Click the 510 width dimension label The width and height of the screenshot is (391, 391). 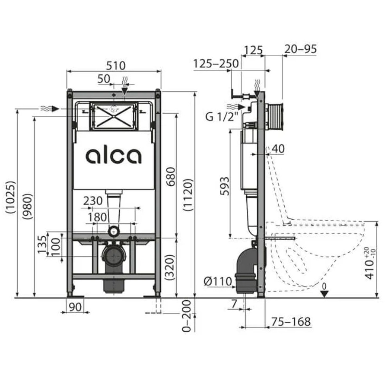116,66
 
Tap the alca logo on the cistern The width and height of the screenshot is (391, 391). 113,156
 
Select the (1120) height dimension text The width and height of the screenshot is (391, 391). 188,195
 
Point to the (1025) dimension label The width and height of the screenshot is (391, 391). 11,197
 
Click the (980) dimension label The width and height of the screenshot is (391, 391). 27,206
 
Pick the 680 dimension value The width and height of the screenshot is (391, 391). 171,177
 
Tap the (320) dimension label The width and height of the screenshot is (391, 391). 170,267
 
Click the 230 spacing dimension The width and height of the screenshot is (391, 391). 93,201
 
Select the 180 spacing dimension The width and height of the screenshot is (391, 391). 97,217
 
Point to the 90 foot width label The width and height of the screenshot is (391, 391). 75,307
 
